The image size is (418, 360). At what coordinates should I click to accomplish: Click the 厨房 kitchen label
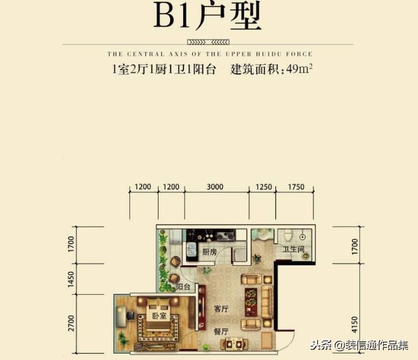point(210,252)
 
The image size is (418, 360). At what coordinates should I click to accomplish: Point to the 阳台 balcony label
point(183,287)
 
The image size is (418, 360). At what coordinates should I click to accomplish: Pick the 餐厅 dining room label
point(222,331)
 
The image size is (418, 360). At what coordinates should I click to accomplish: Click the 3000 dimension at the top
point(216,187)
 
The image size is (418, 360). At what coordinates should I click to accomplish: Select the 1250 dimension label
point(264,187)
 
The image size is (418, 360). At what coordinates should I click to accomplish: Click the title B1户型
point(207,18)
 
